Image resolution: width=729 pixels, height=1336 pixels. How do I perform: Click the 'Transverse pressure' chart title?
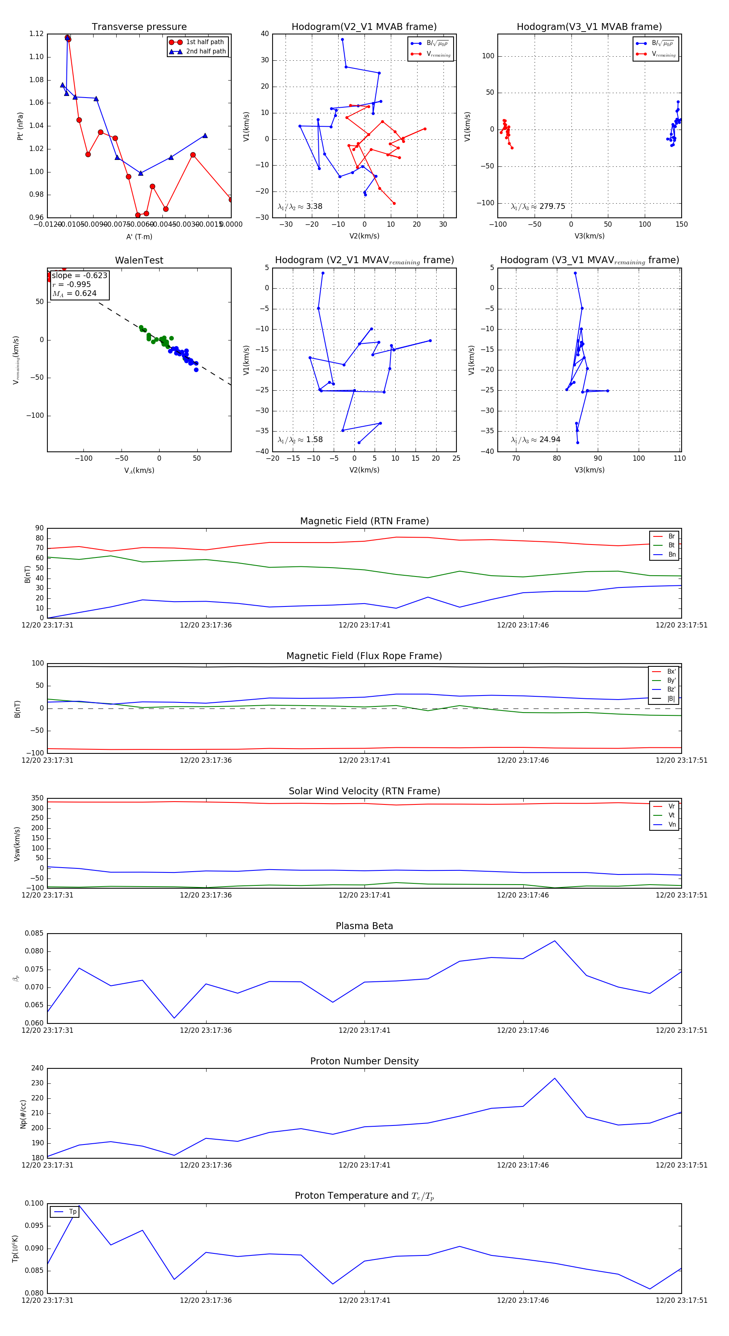pos(139,27)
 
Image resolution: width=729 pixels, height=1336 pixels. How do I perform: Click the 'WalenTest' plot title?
pos(139,260)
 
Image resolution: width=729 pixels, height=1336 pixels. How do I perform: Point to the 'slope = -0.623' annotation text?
pos(79,275)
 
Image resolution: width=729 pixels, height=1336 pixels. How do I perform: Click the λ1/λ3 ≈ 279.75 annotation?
pos(538,206)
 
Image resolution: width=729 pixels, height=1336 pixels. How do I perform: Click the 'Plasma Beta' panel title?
pos(364,926)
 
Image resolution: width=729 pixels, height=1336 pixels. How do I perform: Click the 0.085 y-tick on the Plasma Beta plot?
pos(34,934)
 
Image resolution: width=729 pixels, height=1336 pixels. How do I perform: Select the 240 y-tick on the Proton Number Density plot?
pos(37,1068)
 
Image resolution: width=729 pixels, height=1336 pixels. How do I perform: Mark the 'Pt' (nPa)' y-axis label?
pos(20,126)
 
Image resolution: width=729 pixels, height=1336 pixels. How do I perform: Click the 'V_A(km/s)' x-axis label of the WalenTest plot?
pos(139,470)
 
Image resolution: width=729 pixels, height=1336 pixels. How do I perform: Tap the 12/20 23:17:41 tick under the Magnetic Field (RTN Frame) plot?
pos(364,625)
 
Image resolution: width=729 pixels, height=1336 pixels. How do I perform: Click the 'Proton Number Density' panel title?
pos(364,1061)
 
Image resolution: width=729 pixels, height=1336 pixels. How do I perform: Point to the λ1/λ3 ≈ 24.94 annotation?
pos(535,440)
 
